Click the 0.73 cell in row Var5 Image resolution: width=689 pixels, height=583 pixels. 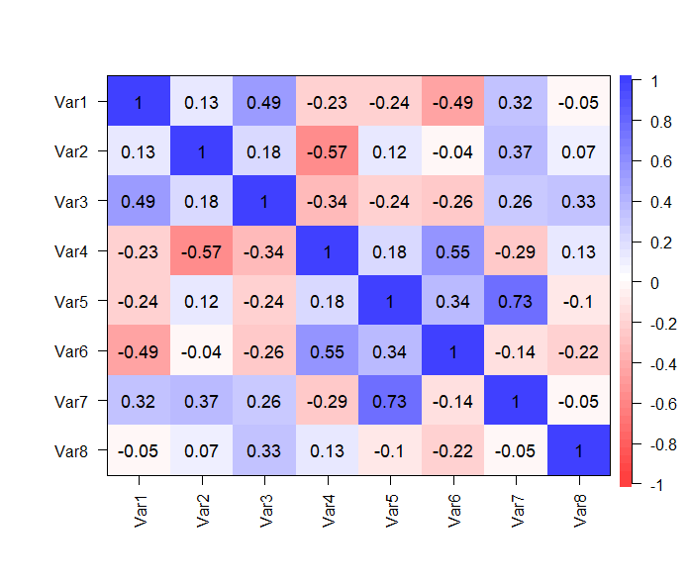(516, 302)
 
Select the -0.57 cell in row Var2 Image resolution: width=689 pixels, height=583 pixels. (328, 152)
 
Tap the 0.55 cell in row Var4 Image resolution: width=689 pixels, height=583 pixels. (452, 251)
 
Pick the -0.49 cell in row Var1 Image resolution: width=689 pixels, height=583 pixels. (452, 102)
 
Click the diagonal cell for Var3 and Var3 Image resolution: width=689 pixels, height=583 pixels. (264, 202)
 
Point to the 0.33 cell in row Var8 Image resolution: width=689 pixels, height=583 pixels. (264, 451)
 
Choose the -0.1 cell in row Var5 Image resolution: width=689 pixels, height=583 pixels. (578, 302)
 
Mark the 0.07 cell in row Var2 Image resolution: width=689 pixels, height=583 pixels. (578, 152)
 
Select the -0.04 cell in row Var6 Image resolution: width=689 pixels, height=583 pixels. (202, 351)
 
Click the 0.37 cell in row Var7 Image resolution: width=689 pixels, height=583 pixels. (202, 402)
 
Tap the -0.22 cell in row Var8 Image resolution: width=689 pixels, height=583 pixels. (452, 451)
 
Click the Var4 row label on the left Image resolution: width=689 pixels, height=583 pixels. (71, 251)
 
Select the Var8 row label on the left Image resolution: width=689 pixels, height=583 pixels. (71, 451)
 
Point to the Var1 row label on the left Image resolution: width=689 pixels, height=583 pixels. (71, 102)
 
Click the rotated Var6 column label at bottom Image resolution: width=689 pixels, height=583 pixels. (453, 506)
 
